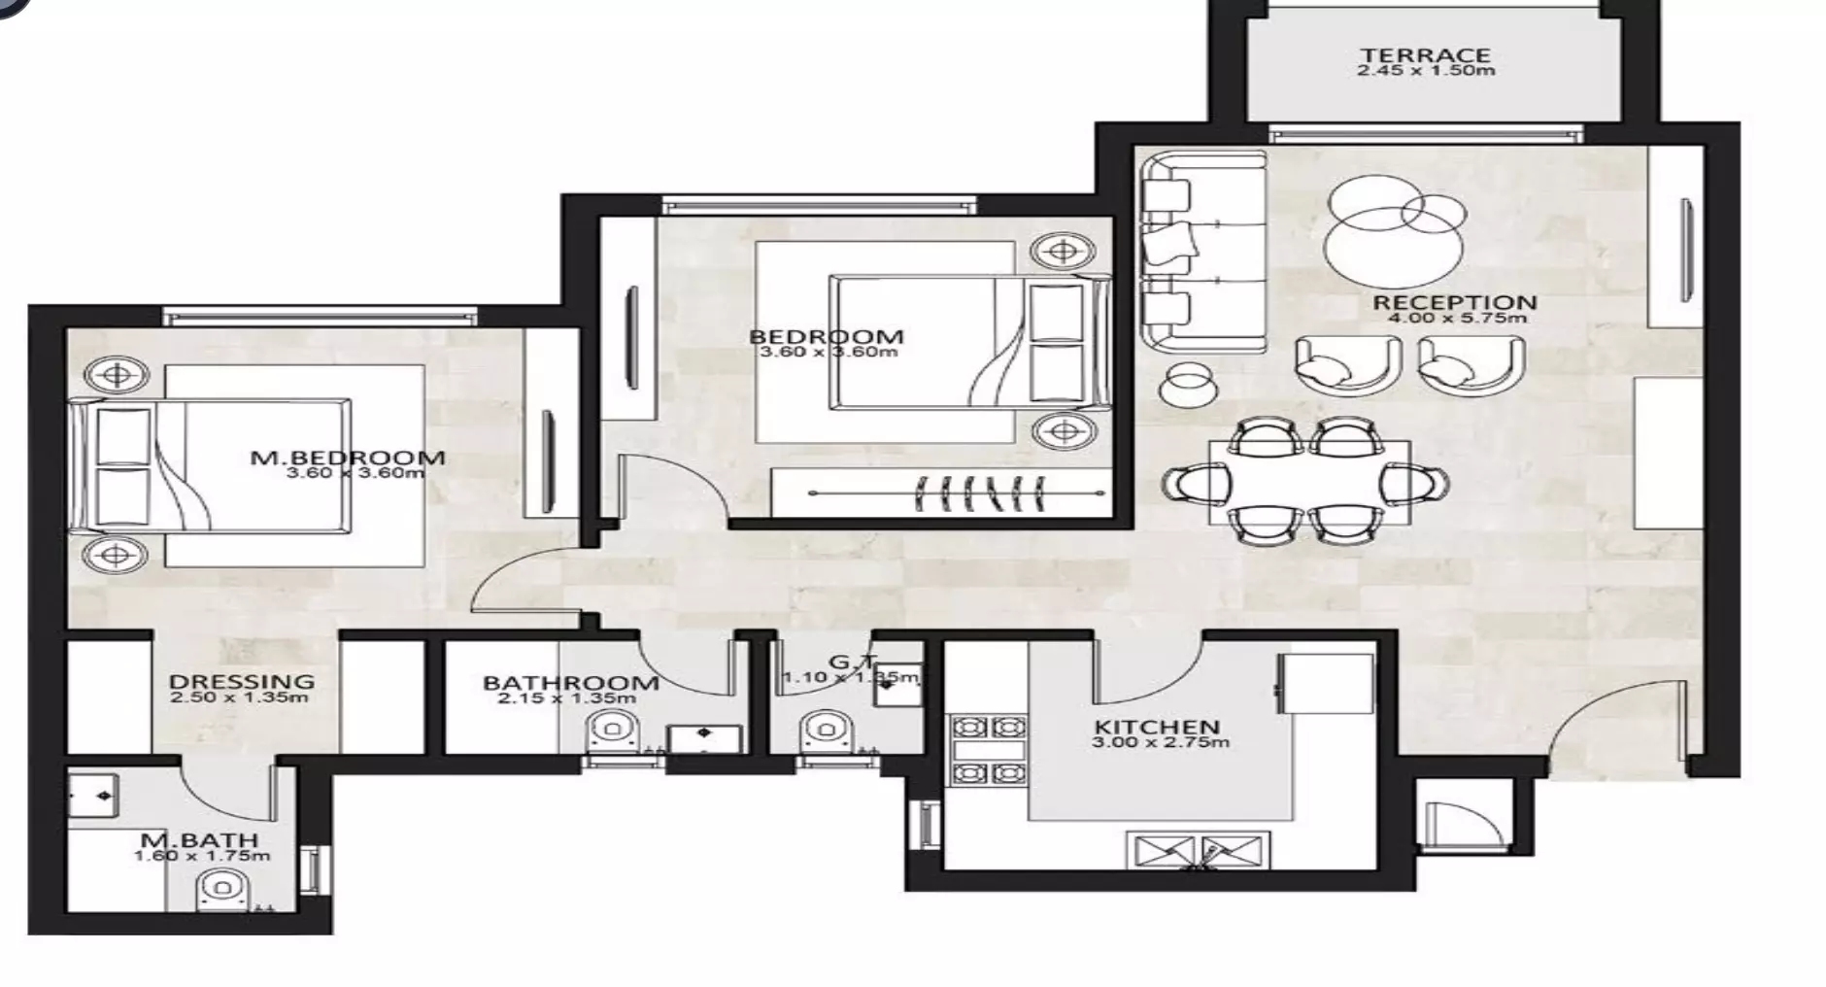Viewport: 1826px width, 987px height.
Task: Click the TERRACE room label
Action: [1425, 55]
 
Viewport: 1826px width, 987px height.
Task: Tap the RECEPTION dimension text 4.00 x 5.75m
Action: [1455, 318]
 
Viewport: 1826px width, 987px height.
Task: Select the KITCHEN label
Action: [1156, 727]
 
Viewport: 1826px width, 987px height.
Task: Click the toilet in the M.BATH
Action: [222, 889]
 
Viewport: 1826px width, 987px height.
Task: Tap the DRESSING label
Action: [241, 681]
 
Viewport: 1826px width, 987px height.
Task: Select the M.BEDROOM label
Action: [348, 458]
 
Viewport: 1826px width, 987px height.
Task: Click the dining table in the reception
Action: [1308, 483]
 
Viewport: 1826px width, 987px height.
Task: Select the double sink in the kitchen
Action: [1198, 851]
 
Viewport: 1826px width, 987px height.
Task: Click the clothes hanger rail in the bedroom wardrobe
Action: [957, 493]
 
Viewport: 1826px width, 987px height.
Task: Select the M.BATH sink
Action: [95, 796]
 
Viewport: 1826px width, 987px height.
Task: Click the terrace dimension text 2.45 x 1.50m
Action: [1425, 71]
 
